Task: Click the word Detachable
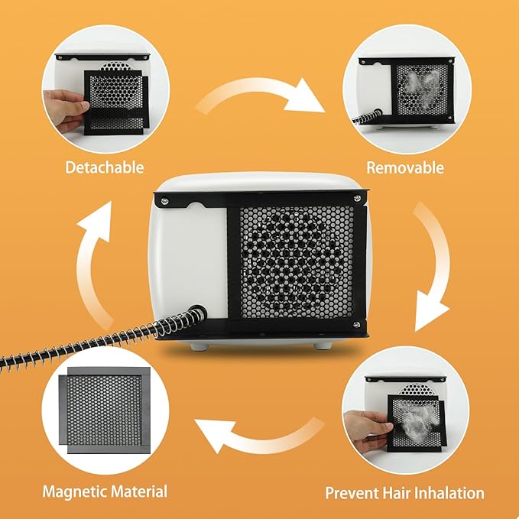[104, 167]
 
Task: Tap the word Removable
[404, 167]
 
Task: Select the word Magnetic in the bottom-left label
[74, 491]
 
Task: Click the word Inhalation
[446, 492]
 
